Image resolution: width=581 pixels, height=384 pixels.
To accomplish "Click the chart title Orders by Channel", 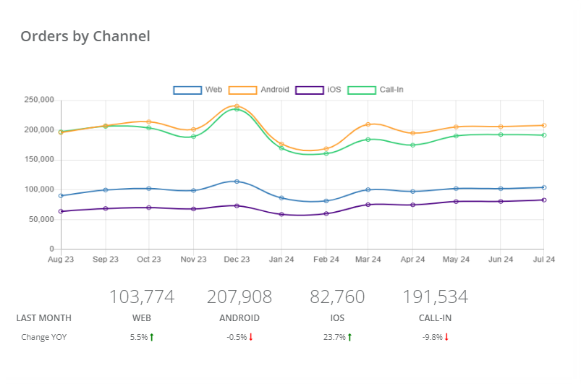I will [85, 36].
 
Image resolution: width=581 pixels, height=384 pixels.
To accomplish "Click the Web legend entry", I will [198, 90].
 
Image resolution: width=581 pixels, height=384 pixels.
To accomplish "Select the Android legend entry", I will [259, 90].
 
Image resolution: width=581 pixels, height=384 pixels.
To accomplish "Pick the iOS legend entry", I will [321, 90].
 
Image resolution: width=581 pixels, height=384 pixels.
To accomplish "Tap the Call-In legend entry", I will [376, 90].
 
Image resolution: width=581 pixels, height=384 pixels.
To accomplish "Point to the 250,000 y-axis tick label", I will [39, 100].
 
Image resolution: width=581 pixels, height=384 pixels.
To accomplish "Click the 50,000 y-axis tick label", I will [41, 219].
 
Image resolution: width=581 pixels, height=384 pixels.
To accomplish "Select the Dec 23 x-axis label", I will [237, 260].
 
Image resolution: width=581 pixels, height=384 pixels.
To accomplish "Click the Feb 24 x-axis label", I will [326, 260].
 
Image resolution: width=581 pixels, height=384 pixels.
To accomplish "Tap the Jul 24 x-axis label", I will [543, 260].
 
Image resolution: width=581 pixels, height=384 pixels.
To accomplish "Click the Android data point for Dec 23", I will [237, 106].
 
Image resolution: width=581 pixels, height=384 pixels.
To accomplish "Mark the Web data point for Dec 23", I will [237, 182].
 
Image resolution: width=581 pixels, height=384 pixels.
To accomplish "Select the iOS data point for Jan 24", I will [281, 214].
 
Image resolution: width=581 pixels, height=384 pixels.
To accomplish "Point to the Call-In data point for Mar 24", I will [368, 140].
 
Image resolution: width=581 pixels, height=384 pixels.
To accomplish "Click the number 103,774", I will [142, 296].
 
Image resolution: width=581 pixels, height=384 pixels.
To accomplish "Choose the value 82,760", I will [337, 296].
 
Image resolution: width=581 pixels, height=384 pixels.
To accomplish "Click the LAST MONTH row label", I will [43, 318].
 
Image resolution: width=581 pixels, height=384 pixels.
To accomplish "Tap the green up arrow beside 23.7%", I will [349, 337].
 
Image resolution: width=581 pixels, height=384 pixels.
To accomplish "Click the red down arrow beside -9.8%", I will [447, 337].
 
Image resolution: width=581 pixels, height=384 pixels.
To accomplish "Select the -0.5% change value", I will [237, 337].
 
